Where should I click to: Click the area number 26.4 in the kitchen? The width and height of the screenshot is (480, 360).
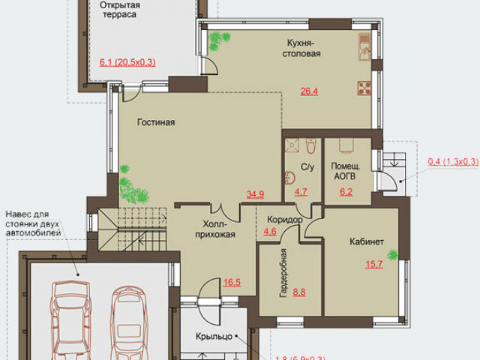click(309, 91)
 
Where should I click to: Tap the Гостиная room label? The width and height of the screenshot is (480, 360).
click(156, 122)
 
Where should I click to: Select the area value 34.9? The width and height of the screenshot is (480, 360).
click(255, 194)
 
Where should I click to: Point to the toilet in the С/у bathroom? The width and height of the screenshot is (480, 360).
click(311, 145)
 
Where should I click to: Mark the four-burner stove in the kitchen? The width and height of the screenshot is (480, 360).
click(364, 88)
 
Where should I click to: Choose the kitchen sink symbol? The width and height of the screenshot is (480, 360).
click(364, 47)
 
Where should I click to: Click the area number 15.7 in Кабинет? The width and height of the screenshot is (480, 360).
click(374, 264)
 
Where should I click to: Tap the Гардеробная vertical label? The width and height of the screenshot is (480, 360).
click(283, 273)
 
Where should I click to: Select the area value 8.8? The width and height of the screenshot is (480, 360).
click(299, 292)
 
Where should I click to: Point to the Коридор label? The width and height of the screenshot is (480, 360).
click(285, 220)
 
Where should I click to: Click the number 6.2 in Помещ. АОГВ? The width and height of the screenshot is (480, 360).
click(346, 192)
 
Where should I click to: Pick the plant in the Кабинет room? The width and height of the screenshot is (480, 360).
click(392, 255)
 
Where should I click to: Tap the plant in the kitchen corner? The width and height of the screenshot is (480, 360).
click(218, 40)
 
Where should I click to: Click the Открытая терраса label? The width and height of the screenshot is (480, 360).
click(120, 10)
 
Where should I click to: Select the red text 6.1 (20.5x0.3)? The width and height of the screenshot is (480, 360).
click(127, 62)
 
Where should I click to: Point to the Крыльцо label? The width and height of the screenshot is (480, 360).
click(214, 337)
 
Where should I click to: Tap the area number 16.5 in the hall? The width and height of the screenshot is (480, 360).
click(232, 282)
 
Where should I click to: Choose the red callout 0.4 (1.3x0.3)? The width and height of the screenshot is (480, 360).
click(453, 161)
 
